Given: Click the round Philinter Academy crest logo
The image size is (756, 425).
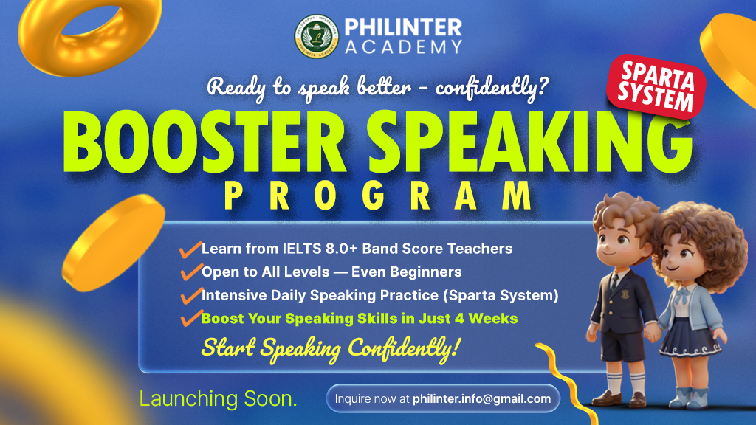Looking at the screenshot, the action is pyautogui.click(x=316, y=36).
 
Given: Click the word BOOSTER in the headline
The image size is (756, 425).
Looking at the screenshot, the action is pyautogui.click(x=205, y=142).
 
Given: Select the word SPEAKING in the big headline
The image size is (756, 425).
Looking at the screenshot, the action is pyautogui.click(x=529, y=142).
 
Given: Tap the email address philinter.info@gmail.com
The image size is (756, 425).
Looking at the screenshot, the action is pyautogui.click(x=481, y=399).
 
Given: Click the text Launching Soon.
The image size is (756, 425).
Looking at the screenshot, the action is pyautogui.click(x=218, y=399).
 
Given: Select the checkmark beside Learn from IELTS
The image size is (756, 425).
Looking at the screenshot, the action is pyautogui.click(x=190, y=249).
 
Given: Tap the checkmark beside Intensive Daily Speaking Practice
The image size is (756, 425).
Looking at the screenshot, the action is pyautogui.click(x=191, y=295).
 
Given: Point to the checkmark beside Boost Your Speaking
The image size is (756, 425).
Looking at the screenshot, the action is pyautogui.click(x=191, y=318).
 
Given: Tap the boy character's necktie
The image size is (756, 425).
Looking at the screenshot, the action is pyautogui.click(x=615, y=281).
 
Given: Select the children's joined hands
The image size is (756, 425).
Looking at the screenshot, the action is pyautogui.click(x=651, y=333).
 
